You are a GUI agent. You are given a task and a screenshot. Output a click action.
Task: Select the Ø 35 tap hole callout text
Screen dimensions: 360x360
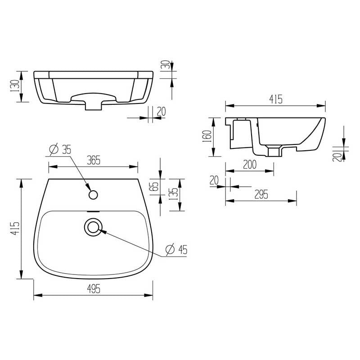coord(60,149)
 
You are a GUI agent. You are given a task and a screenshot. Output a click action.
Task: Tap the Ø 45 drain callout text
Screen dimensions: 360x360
coord(176,249)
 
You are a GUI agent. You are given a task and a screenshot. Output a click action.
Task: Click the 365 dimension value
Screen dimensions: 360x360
coord(94,160)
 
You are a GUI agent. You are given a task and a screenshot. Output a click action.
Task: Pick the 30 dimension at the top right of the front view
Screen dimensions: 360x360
coord(167,65)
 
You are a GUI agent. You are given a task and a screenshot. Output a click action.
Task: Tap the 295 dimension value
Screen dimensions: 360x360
coord(261,194)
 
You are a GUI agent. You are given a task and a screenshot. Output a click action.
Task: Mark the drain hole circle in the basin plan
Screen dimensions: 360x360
coord(93,227)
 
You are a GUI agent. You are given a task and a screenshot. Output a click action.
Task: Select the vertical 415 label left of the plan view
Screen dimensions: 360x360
coord(16,229)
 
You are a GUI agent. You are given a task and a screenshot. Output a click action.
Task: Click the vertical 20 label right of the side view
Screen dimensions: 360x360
coord(337,156)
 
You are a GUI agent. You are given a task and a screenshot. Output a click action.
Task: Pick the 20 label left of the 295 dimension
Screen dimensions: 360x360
coord(214,180)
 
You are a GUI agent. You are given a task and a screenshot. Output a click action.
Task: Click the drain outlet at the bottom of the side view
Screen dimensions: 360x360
coord(273,151)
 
